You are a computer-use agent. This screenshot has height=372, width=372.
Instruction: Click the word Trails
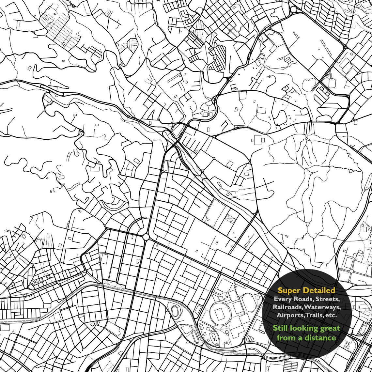[x=314, y=315]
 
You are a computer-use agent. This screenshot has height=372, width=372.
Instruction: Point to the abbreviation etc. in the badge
[x=331, y=315]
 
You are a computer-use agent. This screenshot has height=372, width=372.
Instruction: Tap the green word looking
[x=304, y=329]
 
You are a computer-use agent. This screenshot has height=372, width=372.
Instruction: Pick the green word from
[x=286, y=338]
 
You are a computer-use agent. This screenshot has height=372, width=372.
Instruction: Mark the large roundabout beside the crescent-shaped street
[x=146, y=237]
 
